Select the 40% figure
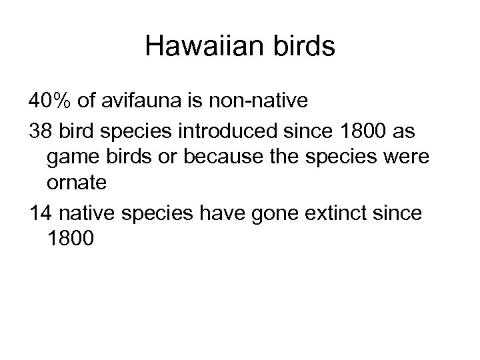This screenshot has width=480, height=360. [51, 101]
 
